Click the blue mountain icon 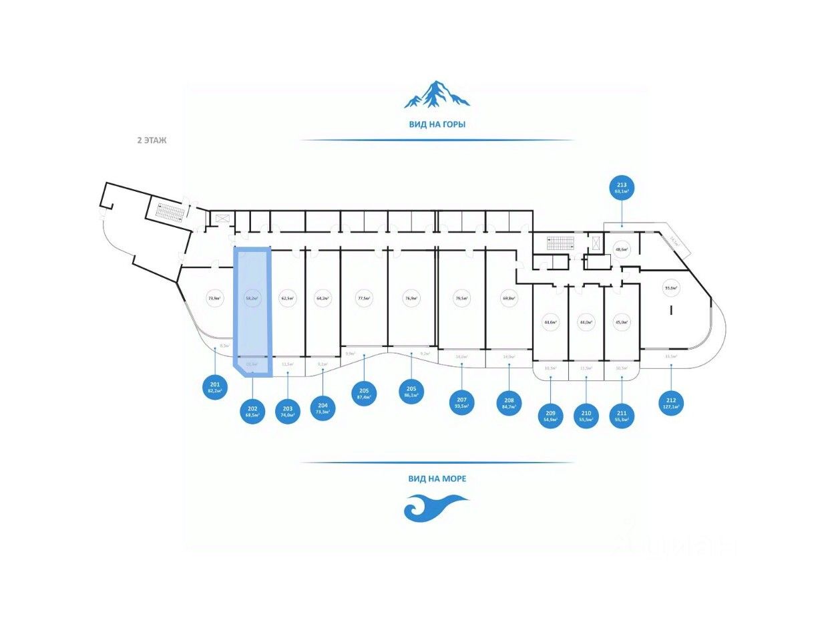coord(437,95)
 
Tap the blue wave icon coord(435,507)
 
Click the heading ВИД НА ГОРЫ coord(437,124)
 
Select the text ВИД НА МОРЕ coord(437,479)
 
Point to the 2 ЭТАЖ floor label coord(151,141)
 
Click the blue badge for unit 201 coord(215,388)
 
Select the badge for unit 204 coord(323,408)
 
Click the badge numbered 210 coord(586,416)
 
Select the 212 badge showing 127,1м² coord(671,402)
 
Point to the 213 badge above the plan coord(622,186)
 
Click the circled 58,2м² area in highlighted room coord(252,299)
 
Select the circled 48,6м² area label coord(622,249)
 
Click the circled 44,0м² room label coord(586,322)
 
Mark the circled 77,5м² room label coord(364,299)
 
